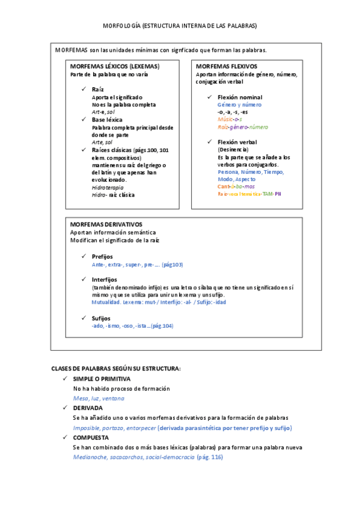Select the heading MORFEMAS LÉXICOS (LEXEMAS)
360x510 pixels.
pyautogui.click(x=115, y=66)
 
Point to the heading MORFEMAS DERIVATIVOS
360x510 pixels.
pyautogui.click(x=106, y=224)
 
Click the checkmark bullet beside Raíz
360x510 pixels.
pyautogui.click(x=84, y=89)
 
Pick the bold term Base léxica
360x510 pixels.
pyautogui.click(x=106, y=120)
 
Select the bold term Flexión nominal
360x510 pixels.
pyautogui.click(x=240, y=97)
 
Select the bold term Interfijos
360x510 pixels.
pyautogui.click(x=105, y=280)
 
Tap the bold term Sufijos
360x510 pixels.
pyautogui.click(x=102, y=318)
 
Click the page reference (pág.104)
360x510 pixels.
pyautogui.click(x=162, y=325)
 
